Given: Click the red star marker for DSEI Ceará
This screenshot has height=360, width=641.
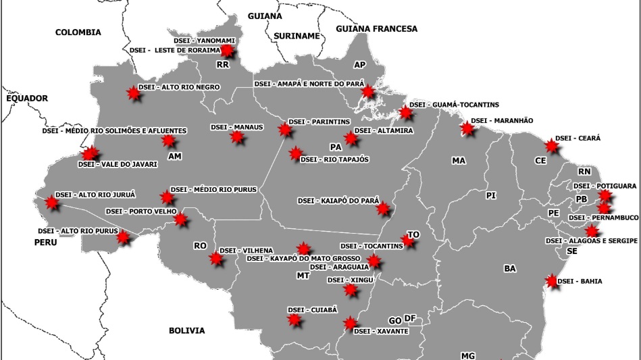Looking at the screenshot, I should [553, 146].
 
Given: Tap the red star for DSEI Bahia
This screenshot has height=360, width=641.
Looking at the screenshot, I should [553, 282].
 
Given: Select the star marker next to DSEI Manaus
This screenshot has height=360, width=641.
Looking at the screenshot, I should [236, 137].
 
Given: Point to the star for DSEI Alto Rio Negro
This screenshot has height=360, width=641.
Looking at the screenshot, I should [134, 95].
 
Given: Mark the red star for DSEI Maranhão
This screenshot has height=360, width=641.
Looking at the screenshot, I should [467, 128].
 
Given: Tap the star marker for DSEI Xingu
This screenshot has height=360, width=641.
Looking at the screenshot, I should [350, 290].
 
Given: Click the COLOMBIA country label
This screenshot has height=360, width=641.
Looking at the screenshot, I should [78, 32].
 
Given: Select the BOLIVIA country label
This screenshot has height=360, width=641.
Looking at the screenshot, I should [186, 330].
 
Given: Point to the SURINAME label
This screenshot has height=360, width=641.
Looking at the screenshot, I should [296, 36].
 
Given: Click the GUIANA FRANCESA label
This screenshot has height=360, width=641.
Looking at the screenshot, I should [376, 29].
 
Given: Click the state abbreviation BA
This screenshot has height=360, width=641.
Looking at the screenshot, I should [509, 268].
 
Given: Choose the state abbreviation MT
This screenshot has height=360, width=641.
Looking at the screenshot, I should [303, 276].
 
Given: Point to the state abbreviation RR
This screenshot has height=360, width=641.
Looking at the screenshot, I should [223, 65].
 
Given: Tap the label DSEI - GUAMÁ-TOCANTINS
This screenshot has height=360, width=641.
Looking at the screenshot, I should [454, 105].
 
